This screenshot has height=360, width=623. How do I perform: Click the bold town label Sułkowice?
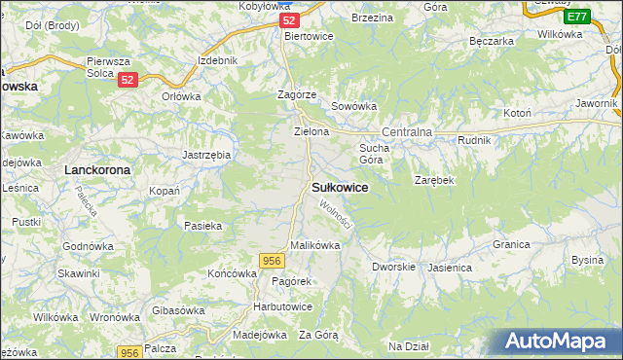(340, 188)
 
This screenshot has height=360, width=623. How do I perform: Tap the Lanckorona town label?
(97, 169)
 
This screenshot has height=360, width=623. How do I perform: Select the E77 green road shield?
(576, 17)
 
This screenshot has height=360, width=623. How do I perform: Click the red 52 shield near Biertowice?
(287, 20)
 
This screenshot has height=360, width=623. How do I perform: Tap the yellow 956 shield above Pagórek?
(272, 260)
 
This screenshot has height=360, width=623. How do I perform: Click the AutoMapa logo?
(556, 341)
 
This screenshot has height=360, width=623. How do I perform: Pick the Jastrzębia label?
(206, 155)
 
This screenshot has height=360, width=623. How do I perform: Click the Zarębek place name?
(434, 181)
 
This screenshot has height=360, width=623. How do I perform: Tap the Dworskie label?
(394, 266)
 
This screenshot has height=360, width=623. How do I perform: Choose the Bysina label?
(587, 260)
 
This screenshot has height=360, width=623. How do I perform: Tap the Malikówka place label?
(314, 246)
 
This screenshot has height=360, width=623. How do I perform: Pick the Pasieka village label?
(202, 226)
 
